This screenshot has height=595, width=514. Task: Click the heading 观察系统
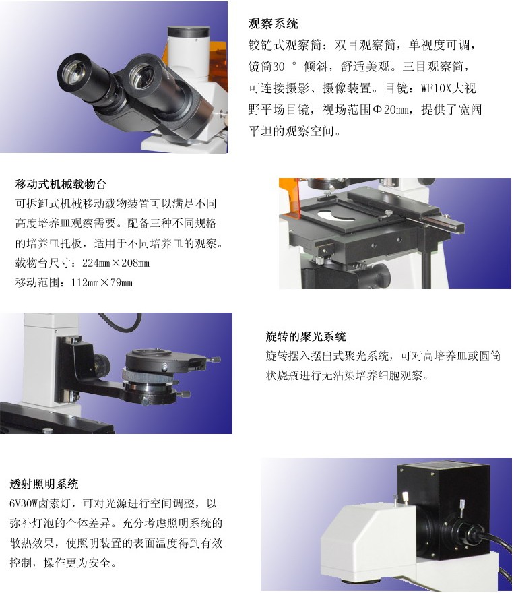(x=273, y=24)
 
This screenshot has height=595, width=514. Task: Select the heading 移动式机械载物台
(x=61, y=185)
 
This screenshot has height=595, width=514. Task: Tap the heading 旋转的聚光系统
(x=306, y=337)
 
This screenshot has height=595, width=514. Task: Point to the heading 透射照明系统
(x=44, y=484)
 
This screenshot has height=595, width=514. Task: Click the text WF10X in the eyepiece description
(x=437, y=88)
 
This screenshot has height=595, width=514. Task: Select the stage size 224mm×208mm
(x=116, y=263)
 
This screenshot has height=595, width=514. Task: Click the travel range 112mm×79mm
(x=102, y=283)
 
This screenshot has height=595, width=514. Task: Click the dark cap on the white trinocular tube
(x=188, y=31)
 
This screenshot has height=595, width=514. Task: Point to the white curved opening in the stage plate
(x=336, y=216)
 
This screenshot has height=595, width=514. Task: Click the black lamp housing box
(x=444, y=509)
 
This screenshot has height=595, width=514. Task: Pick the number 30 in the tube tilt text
(x=278, y=67)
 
